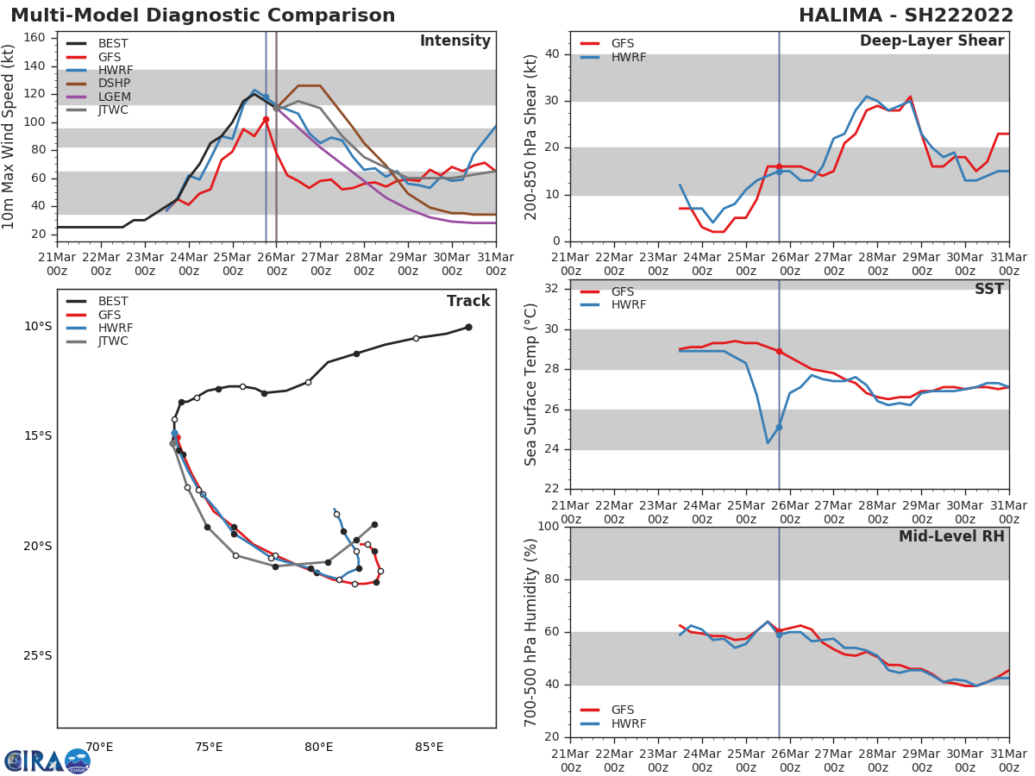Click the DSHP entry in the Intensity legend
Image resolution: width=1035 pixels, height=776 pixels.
tap(114, 83)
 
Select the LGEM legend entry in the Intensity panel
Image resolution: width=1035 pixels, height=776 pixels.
tap(114, 97)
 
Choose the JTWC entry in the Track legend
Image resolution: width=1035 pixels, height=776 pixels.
tap(114, 341)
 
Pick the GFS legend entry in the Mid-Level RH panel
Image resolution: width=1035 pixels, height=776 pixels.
tap(623, 710)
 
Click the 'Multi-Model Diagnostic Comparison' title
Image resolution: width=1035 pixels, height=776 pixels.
tap(203, 16)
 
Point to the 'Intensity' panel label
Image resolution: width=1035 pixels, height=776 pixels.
tap(455, 41)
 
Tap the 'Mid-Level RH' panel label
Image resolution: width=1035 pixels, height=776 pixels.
tap(951, 537)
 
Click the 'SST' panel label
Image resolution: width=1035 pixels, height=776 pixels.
tap(988, 290)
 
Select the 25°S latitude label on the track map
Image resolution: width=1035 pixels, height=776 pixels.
tap(37, 655)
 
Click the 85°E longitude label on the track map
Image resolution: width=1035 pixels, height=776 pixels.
tap(429, 747)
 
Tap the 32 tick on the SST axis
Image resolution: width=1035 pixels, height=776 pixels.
tap(551, 288)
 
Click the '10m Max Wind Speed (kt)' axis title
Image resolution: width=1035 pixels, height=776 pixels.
tap(9, 136)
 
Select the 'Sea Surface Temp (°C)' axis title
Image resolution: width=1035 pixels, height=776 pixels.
tap(531, 385)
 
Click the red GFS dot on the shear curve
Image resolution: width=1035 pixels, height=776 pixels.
tap(779, 166)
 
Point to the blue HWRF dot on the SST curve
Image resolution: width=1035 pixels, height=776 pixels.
tap(779, 427)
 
